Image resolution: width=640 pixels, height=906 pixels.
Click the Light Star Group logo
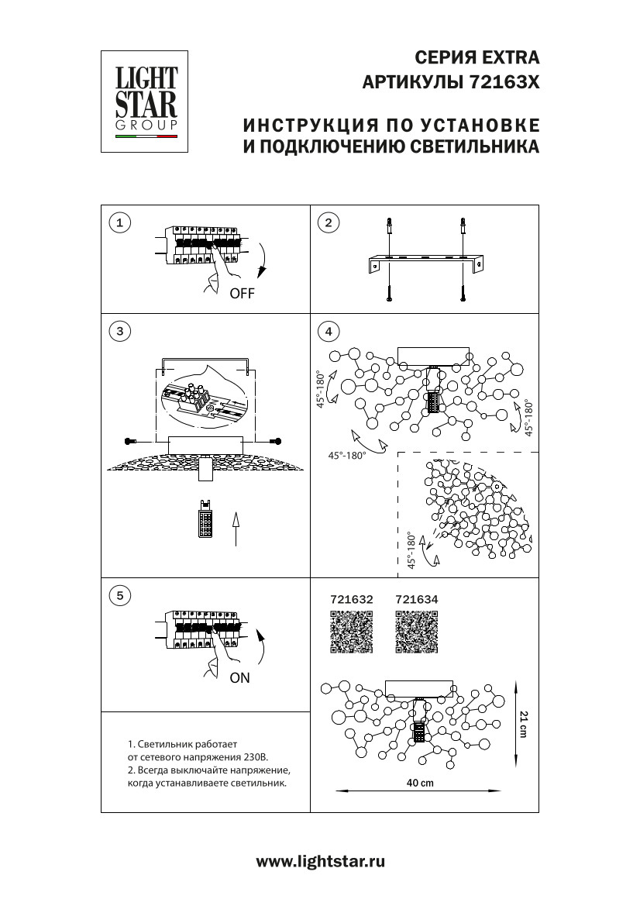pyautogui.click(x=146, y=101)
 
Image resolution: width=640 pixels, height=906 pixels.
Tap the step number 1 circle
pyautogui.click(x=119, y=223)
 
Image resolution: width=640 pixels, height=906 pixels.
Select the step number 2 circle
pyautogui.click(x=329, y=223)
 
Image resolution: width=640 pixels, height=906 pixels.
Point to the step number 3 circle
pyautogui.click(x=119, y=331)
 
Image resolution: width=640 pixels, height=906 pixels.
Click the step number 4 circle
pyautogui.click(x=329, y=331)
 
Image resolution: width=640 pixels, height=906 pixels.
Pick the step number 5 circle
pyautogui.click(x=119, y=595)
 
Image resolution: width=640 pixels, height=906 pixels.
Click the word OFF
pyautogui.click(x=242, y=294)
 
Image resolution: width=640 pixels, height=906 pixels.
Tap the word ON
pyautogui.click(x=240, y=677)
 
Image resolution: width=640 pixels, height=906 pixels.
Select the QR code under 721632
pyautogui.click(x=352, y=632)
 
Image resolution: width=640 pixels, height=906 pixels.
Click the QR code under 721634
pyautogui.click(x=416, y=632)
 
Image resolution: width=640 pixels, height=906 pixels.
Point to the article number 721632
pyautogui.click(x=352, y=599)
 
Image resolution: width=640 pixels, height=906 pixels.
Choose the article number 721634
pyautogui.click(x=417, y=599)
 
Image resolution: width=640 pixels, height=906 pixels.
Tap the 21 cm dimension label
pyautogui.click(x=524, y=723)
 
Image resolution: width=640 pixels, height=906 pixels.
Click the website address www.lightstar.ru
pyautogui.click(x=320, y=861)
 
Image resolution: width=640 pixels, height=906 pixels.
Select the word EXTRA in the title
pyautogui.click(x=510, y=57)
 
